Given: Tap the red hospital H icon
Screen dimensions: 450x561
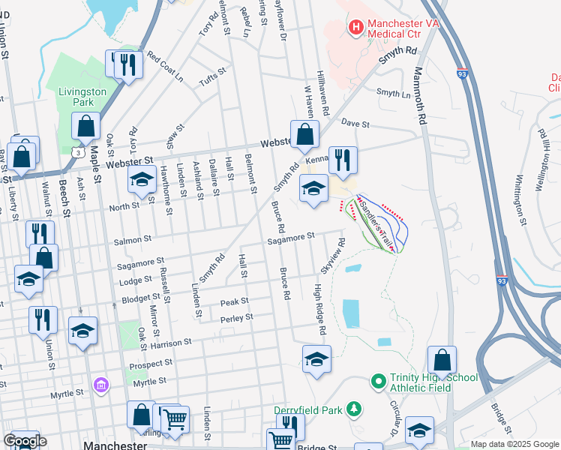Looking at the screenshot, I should pyautogui.click(x=355, y=28).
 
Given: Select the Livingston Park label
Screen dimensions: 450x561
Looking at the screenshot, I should pyautogui.click(x=82, y=97).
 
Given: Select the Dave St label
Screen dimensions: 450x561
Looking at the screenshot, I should pyautogui.click(x=355, y=121).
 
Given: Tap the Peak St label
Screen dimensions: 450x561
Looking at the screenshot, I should pyautogui.click(x=234, y=301).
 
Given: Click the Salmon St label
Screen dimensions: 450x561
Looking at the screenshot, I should pyautogui.click(x=133, y=240).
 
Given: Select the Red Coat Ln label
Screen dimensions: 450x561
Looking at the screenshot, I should pyautogui.click(x=165, y=67).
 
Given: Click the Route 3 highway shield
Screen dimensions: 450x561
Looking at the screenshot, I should pyautogui.click(x=77, y=153).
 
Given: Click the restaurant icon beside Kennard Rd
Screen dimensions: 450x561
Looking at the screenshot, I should pyautogui.click(x=343, y=160).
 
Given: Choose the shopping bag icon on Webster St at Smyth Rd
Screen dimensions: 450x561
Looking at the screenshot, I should pyautogui.click(x=304, y=136).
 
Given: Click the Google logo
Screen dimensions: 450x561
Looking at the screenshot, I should pyautogui.click(x=25, y=441).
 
